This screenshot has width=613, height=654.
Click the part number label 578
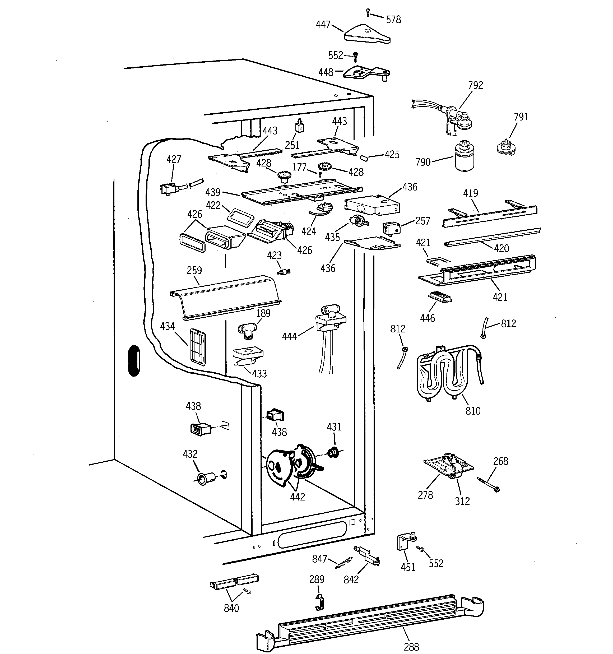(x=393, y=20)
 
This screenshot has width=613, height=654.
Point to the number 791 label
(x=521, y=117)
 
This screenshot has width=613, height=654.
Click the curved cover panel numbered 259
(x=225, y=297)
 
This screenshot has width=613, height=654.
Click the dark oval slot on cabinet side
(x=134, y=360)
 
